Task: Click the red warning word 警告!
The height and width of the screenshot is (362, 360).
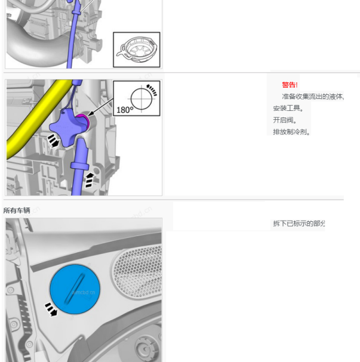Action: (290, 85)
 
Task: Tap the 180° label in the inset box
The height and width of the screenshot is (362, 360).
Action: (124, 110)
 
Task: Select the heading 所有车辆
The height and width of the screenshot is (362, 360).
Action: (17, 211)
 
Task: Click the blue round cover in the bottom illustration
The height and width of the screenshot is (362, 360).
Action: (75, 289)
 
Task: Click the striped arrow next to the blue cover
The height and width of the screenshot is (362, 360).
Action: (52, 310)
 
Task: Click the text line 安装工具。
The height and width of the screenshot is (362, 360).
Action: (288, 109)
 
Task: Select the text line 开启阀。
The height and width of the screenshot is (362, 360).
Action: (285, 120)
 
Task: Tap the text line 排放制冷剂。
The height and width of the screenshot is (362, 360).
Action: (292, 132)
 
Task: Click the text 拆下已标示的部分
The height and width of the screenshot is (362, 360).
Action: (299, 224)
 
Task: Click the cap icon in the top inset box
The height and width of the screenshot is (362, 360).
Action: (137, 49)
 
